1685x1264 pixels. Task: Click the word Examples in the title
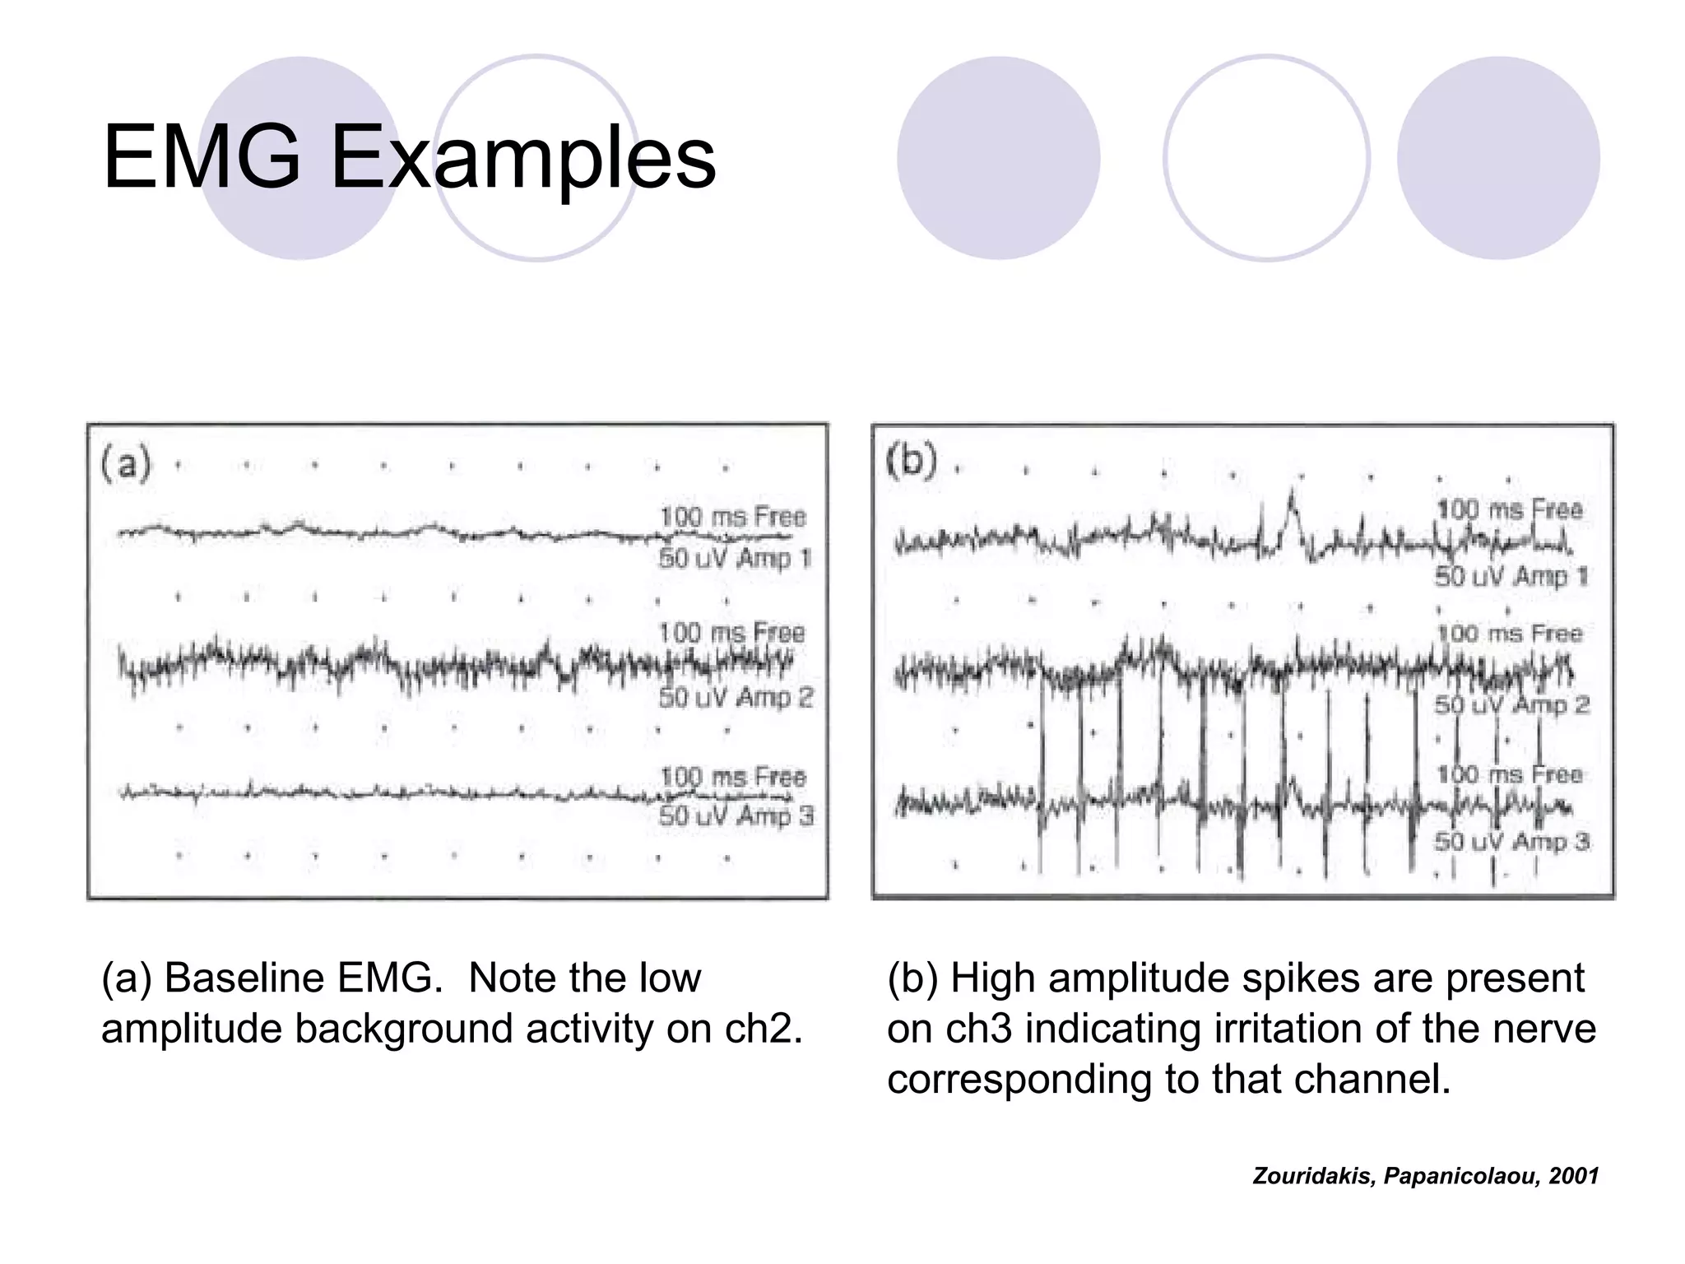click(x=523, y=158)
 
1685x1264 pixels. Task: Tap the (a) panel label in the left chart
click(x=125, y=464)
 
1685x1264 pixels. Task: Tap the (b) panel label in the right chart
click(x=912, y=461)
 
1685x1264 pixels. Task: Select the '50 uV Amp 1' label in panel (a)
click(x=735, y=559)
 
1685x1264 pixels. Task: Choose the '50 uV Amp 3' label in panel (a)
click(x=736, y=816)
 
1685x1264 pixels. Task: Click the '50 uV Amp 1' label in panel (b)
click(x=1511, y=576)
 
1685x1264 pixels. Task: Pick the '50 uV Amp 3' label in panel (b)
click(x=1512, y=841)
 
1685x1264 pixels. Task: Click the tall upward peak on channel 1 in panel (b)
click(x=1292, y=497)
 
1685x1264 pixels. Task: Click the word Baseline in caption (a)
click(x=255, y=978)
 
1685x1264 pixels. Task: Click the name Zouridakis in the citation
click(x=1312, y=1176)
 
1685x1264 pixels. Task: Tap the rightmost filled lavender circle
click(x=1498, y=158)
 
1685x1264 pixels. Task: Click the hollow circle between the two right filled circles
click(x=1266, y=158)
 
